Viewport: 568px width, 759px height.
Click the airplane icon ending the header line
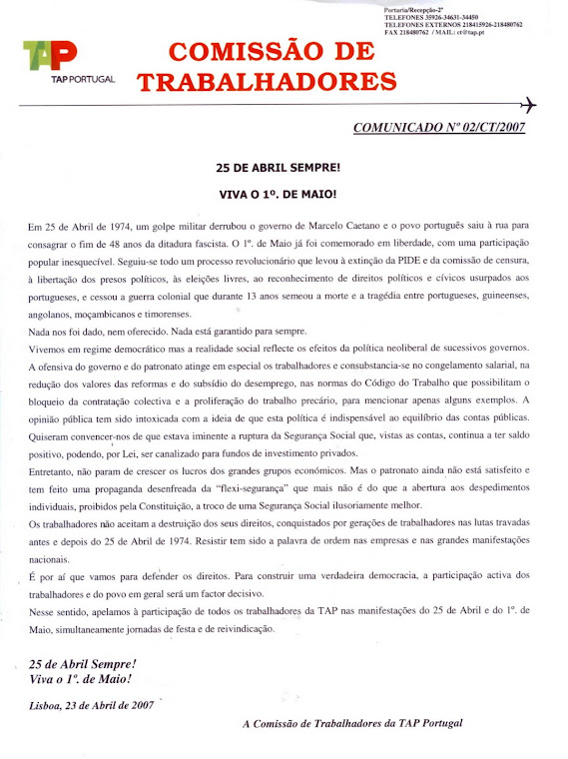pos(529,105)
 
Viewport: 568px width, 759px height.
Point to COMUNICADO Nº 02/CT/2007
pos(439,128)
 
